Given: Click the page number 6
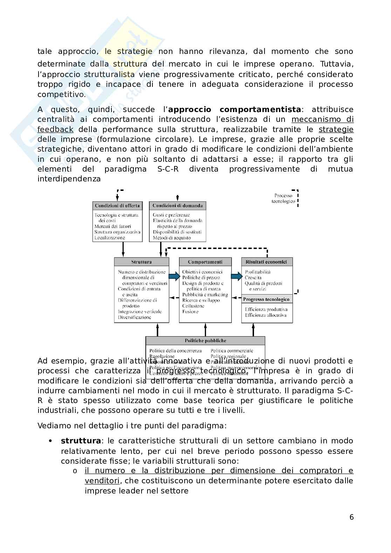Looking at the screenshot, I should (x=351, y=517).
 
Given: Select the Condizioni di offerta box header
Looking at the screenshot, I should (x=117, y=206).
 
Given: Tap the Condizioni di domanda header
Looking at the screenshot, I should (x=178, y=206).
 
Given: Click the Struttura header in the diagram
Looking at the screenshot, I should (x=142, y=262).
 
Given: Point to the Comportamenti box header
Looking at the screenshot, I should (x=205, y=262).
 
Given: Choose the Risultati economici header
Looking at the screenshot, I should (x=267, y=262).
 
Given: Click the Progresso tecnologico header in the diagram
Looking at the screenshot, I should (x=267, y=299).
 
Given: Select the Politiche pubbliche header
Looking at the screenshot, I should (x=205, y=340).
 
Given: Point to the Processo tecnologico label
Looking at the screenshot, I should (x=283, y=199).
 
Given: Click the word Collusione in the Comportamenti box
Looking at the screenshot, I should (x=193, y=306).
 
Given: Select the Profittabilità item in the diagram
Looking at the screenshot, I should (x=258, y=272).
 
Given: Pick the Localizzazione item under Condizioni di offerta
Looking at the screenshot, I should (x=110, y=237).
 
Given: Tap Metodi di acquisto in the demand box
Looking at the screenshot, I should (x=172, y=237).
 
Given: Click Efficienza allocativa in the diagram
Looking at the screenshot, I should (x=266, y=315).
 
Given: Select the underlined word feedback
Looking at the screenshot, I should (x=55, y=129).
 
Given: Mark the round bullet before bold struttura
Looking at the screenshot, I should (x=51, y=441).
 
